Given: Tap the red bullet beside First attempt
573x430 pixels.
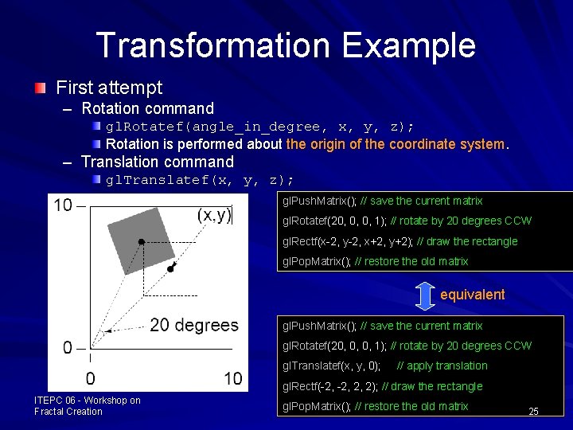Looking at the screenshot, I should click(x=40, y=87).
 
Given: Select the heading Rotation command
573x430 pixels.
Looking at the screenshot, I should click(x=147, y=108).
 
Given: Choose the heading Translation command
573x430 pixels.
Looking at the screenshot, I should click(x=157, y=162).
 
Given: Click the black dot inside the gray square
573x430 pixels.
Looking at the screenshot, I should click(x=142, y=240).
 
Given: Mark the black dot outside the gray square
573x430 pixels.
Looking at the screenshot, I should click(x=171, y=270).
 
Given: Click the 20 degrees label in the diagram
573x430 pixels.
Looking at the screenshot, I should click(x=193, y=325).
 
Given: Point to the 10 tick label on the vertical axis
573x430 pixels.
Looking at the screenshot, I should click(x=63, y=205).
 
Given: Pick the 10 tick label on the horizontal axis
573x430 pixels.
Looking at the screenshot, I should click(x=232, y=378).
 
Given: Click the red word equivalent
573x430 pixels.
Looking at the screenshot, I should click(x=472, y=295).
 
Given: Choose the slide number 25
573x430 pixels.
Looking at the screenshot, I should click(x=533, y=411).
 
